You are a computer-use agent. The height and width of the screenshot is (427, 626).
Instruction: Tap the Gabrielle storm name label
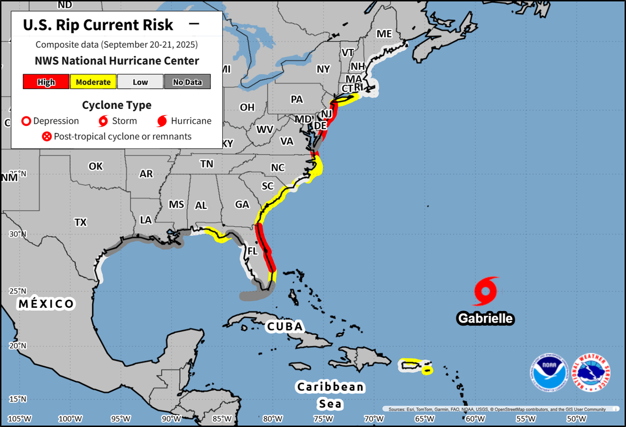pos(485,318)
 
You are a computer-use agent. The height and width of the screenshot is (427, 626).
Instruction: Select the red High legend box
pos(46,82)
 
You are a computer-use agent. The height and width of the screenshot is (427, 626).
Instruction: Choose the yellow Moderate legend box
pos(93,82)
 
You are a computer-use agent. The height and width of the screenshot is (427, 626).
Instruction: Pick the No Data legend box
pos(187,82)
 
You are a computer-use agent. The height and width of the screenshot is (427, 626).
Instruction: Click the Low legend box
pos(140,82)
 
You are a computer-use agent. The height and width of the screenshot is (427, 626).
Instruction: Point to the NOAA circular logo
pos(549,373)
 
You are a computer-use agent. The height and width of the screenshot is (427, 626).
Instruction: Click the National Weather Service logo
pos(592,373)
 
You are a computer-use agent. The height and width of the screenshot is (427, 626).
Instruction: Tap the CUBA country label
pos(284,326)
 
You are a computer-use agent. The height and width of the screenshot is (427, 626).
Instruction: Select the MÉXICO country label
pos(46,304)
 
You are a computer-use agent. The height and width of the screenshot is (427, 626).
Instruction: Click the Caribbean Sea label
pos(331,395)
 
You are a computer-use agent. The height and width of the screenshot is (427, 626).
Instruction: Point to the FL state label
pos(252,251)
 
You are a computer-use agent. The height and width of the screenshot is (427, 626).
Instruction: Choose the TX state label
pos(80,222)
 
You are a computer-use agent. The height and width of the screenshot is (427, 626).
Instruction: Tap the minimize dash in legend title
pos(194,24)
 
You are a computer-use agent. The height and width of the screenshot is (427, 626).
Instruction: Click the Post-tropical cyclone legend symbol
pos(47,136)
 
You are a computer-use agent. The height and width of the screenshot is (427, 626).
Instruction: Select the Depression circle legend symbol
pos(25,121)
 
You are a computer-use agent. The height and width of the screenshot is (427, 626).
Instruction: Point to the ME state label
pos(384,34)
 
